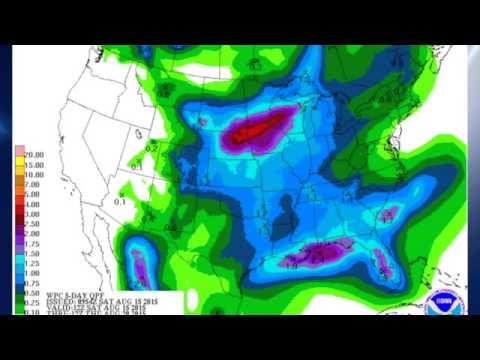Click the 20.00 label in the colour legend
point(34,155)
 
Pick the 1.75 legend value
point(34,241)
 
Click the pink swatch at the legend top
point(19,155)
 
